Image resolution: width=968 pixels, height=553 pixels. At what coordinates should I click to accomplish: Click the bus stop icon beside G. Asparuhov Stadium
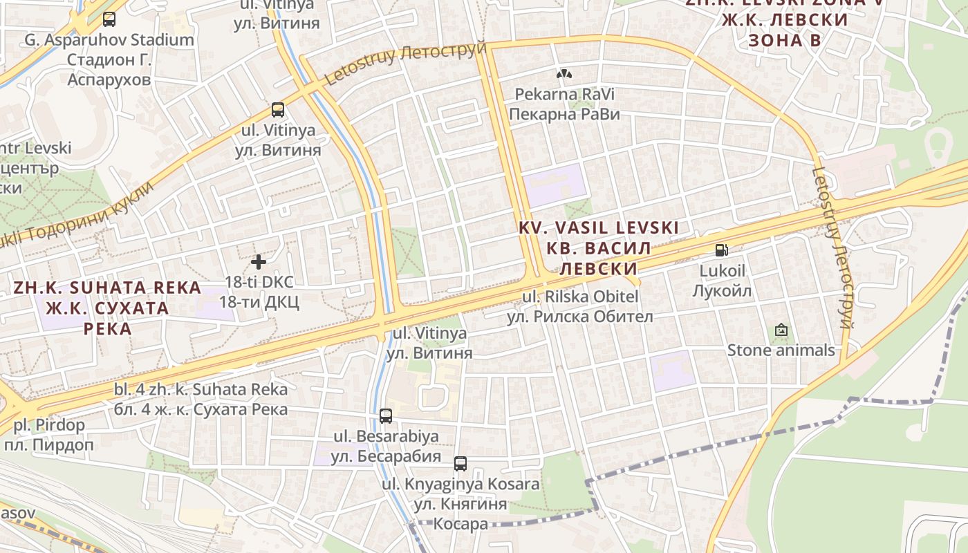pyautogui.click(x=109, y=19)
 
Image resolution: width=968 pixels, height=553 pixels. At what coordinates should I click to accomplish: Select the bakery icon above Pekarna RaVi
pyautogui.click(x=564, y=73)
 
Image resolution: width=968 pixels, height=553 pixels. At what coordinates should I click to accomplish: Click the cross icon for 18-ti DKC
pyautogui.click(x=259, y=262)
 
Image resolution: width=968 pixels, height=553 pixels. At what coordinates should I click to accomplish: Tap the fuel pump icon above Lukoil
pyautogui.click(x=721, y=250)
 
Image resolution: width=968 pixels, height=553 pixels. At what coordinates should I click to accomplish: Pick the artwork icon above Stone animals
pyautogui.click(x=781, y=330)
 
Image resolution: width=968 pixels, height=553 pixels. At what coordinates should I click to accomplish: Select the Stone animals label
pyautogui.click(x=781, y=350)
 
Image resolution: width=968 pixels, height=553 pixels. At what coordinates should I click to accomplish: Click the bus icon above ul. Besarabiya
pyautogui.click(x=386, y=416)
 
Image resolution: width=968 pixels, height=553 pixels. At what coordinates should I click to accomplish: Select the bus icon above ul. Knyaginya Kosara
pyautogui.click(x=460, y=463)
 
